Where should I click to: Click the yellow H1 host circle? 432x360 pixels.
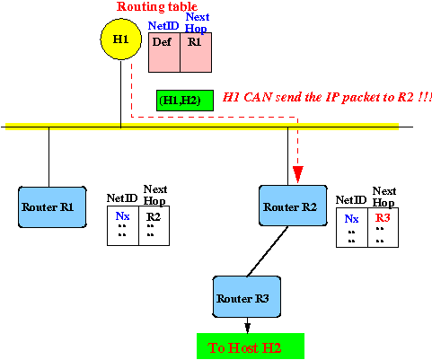coord(120,40)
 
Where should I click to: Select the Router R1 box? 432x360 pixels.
coord(52,207)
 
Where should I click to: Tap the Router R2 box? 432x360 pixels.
coord(293,206)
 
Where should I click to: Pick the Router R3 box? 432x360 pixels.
coord(247,296)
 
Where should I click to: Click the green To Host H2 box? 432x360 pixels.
coord(251,347)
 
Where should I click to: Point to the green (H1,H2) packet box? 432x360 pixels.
coord(185,101)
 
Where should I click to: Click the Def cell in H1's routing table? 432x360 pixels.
coord(164,52)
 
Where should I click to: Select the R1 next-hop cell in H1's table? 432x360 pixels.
coord(196,52)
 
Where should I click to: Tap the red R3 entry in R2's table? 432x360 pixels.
coord(383,218)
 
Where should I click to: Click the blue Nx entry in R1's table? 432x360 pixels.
coord(122,215)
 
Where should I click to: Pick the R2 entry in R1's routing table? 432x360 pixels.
coord(154,216)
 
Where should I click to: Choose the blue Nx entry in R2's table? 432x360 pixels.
coord(351,219)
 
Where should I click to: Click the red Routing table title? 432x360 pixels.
coord(157,6)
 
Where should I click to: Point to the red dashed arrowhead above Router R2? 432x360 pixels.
coord(297,174)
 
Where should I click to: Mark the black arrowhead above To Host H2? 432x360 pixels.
coord(247,328)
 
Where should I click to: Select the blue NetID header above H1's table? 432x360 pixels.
coord(163,26)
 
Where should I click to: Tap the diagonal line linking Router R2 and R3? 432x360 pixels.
coord(268,251)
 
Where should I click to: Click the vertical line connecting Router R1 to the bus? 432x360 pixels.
coord(48,157)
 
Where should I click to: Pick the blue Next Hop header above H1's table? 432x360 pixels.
coord(197,22)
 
